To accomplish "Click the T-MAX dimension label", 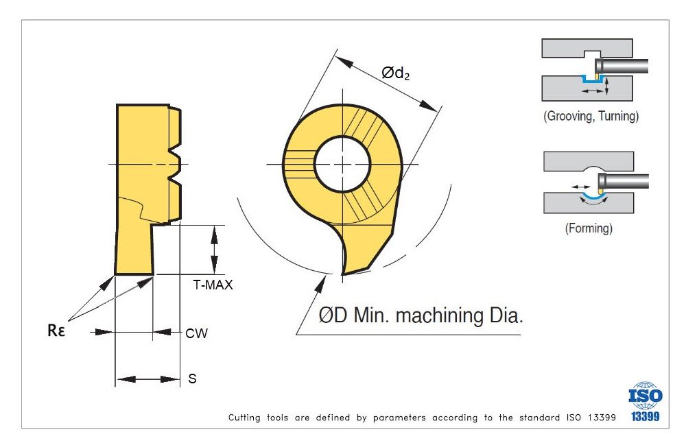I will [x=213, y=285].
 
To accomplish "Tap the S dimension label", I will [x=192, y=379].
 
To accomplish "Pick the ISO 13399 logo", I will [x=645, y=401].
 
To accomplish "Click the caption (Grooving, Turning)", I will [x=591, y=116].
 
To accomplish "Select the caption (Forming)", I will [x=589, y=228].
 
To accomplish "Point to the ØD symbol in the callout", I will [x=333, y=316].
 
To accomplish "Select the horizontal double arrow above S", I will [x=147, y=379].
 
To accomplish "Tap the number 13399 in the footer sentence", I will [x=601, y=417].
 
